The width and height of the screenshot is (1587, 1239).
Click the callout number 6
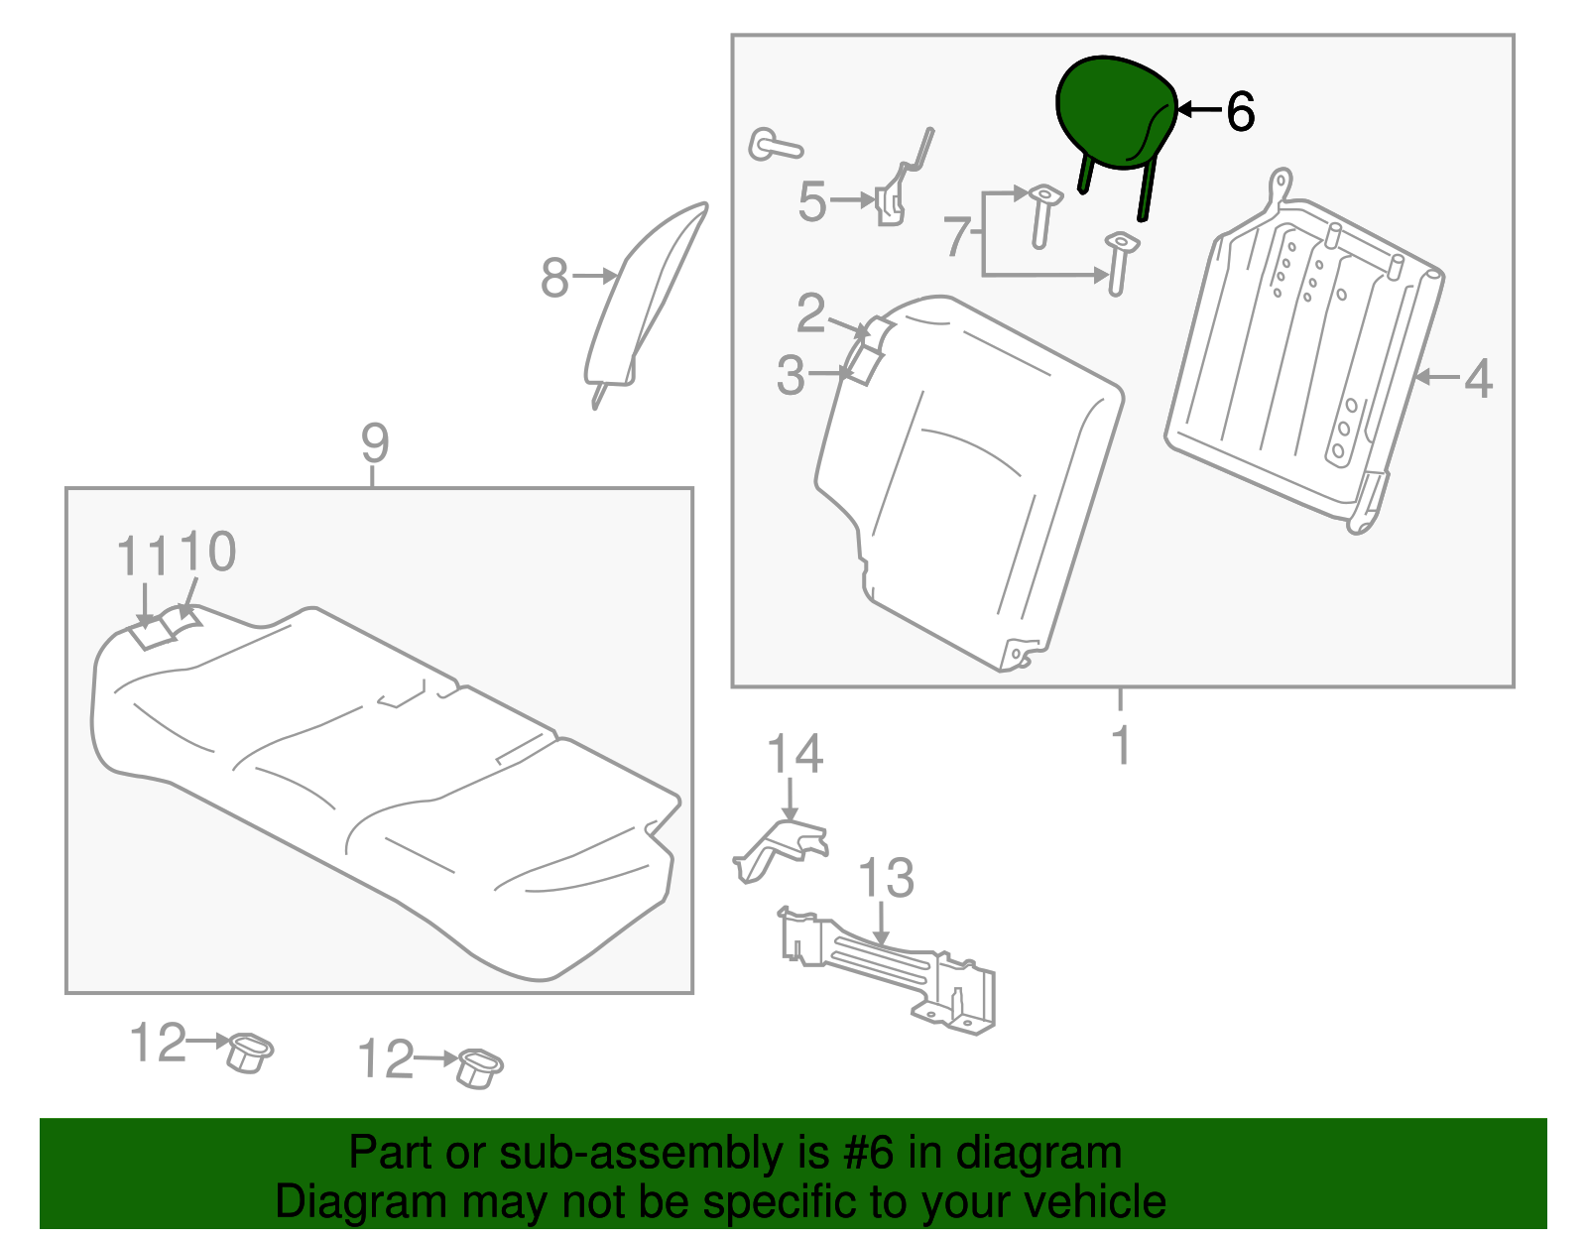(1240, 111)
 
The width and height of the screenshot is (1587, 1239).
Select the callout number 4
(1478, 379)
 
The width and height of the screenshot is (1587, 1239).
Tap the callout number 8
(554, 278)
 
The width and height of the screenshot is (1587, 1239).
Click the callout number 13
(886, 878)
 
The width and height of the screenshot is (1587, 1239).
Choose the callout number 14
(794, 755)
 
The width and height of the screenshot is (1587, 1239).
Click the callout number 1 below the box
(1121, 745)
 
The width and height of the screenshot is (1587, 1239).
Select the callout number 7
(957, 236)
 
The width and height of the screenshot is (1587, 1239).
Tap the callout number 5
(811, 201)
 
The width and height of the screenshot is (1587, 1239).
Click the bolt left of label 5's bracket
(773, 146)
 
